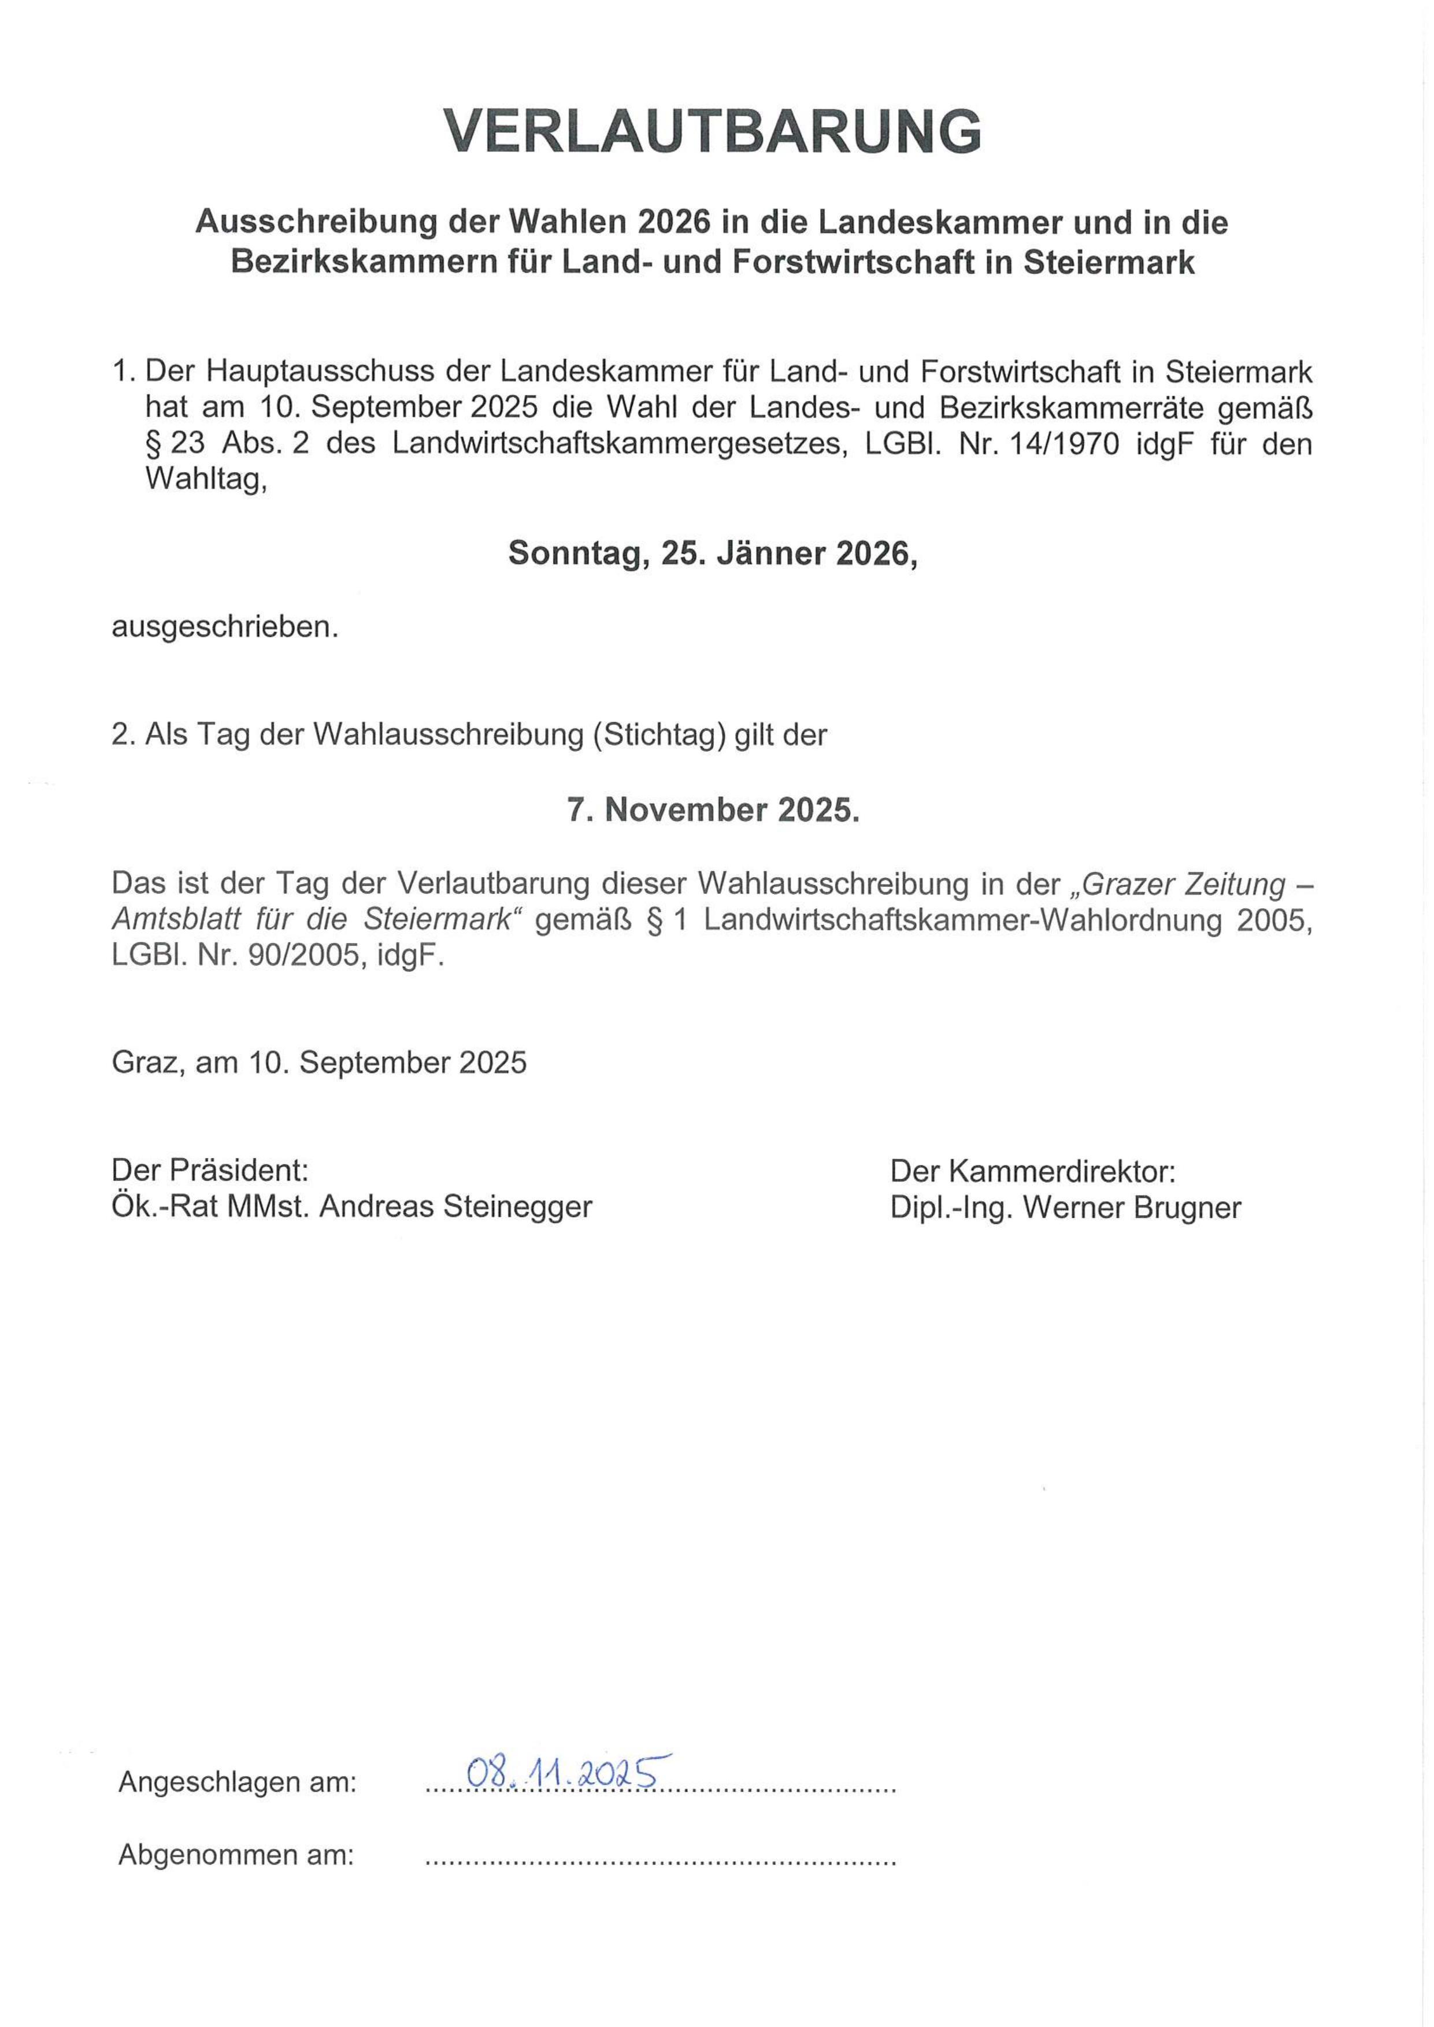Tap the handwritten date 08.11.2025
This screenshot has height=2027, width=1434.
point(566,1770)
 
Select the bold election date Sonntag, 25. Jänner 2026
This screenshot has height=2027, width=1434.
point(713,554)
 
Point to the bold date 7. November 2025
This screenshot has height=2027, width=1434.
point(713,810)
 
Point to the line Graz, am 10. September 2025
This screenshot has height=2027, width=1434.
point(319,1062)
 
